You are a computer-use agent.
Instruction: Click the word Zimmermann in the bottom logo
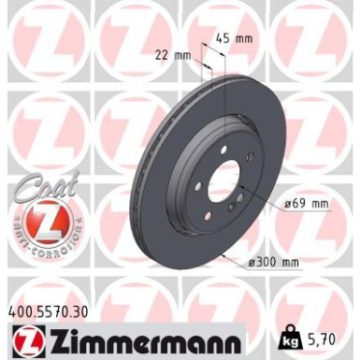tap(145, 338)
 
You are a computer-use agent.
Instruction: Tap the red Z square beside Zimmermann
tap(26, 338)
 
